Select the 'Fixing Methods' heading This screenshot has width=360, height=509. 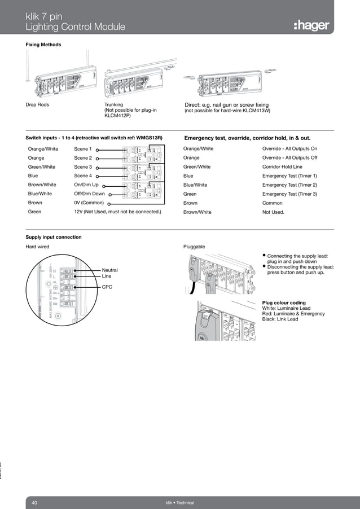(43, 45)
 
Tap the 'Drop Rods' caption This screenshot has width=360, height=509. (38, 105)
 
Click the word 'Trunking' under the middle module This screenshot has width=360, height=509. (114, 105)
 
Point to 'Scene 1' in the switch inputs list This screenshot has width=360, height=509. (82, 149)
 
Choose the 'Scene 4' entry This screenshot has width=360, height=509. (82, 176)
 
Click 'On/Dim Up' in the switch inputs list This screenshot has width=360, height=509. (86, 185)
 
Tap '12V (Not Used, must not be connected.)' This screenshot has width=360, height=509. (117, 212)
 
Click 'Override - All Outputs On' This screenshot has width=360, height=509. (289, 149)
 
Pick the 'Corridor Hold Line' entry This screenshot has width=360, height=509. (282, 167)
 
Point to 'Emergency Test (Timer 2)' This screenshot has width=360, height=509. (289, 185)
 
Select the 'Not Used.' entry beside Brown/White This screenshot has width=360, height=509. (273, 212)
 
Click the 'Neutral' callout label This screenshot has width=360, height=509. (110, 270)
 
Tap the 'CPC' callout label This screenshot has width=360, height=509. (107, 287)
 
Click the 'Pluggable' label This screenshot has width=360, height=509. (194, 247)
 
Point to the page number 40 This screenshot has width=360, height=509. (34, 502)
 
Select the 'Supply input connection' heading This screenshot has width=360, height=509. (54, 237)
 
